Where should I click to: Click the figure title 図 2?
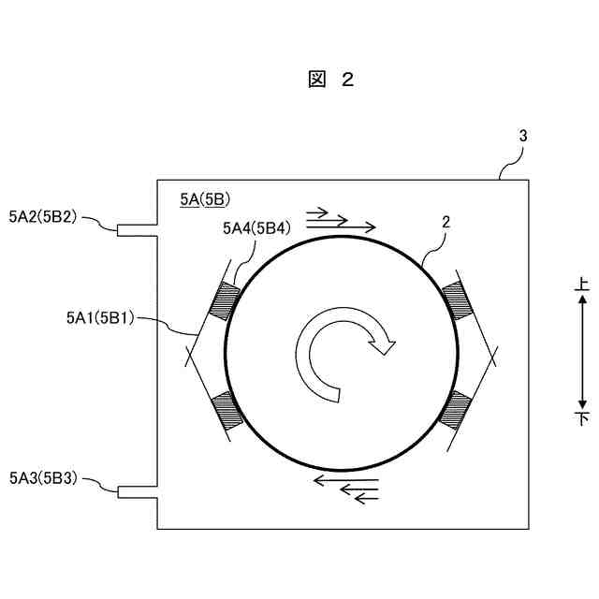(x=330, y=80)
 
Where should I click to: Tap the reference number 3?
(x=523, y=136)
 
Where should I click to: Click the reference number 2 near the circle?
(x=446, y=223)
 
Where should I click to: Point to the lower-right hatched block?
(x=456, y=408)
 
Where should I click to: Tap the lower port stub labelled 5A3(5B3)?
(x=137, y=490)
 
